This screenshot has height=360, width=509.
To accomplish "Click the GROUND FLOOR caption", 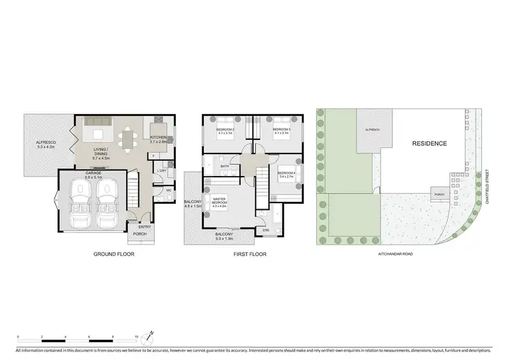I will click(115, 254).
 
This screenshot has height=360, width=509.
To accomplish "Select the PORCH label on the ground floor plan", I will click(140, 234).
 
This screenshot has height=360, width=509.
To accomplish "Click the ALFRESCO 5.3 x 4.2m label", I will click(46, 144).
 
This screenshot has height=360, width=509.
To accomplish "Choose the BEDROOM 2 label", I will click(225, 130).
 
